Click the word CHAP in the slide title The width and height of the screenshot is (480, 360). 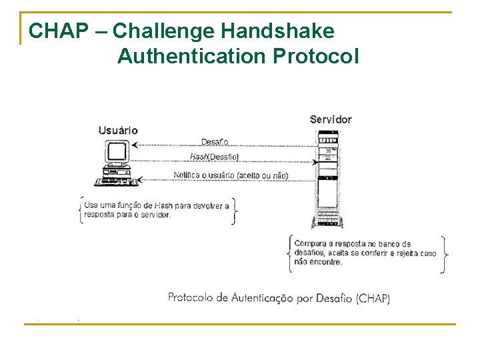click(x=56, y=31)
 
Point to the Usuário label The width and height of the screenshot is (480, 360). click(x=118, y=129)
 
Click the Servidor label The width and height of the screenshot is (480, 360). click(x=331, y=120)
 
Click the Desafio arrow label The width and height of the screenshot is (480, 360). click(x=215, y=141)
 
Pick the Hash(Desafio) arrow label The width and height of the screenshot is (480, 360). click(x=214, y=157)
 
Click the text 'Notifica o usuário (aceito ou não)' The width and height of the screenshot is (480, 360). click(x=231, y=175)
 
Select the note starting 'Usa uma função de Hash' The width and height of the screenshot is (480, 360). click(x=157, y=209)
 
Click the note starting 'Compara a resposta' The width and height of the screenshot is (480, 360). click(x=365, y=253)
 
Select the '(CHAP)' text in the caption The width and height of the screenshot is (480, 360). click(x=373, y=299)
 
